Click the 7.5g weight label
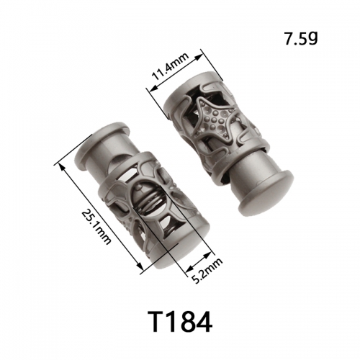tap(301, 39)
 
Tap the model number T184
tap(179, 322)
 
